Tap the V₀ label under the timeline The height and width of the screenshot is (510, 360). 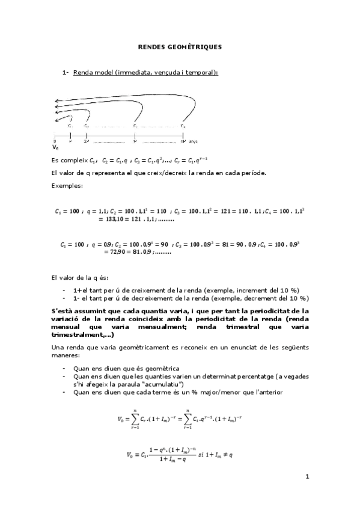pos(55,146)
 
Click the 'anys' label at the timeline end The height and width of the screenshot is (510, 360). pos(194,142)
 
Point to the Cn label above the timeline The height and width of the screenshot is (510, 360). pos(183,126)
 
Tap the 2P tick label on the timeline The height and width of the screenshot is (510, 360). pos(87,142)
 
